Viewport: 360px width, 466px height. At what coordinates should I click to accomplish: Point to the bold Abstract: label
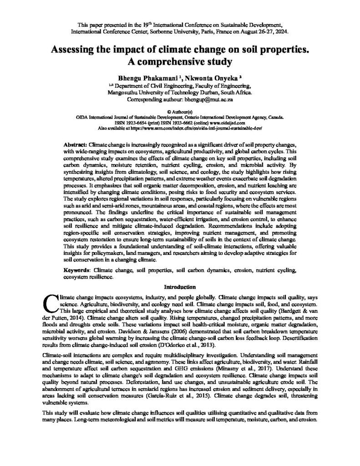[76, 144]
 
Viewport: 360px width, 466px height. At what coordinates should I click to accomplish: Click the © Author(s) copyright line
[180, 111]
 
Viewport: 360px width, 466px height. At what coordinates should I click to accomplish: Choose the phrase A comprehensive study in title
[180, 61]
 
